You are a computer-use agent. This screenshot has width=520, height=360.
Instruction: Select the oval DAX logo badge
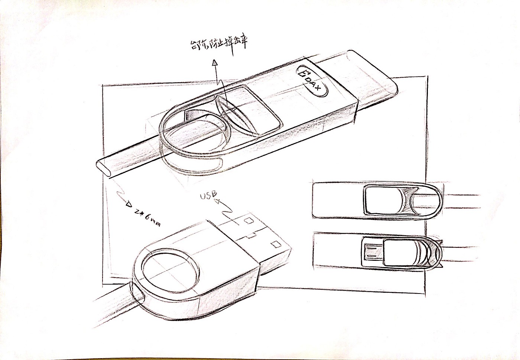point(313,82)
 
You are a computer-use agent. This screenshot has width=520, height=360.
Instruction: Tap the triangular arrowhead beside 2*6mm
point(129,204)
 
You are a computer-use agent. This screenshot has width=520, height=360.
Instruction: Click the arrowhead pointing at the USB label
point(217,201)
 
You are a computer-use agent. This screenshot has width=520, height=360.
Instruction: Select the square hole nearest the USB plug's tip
point(276,244)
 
